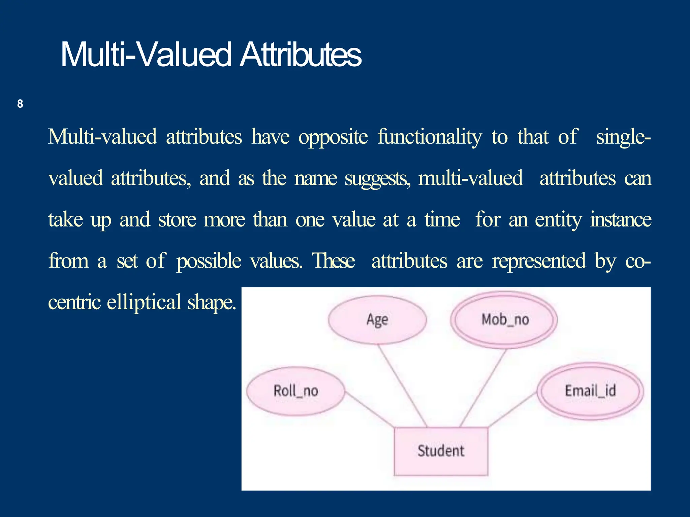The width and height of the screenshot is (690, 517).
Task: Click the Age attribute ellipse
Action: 377,319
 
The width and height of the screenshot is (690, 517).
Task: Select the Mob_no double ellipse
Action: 504,319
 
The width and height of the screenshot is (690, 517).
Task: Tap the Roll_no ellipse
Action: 295,391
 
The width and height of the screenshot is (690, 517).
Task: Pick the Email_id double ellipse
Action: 590,391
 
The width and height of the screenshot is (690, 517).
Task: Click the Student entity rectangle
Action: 441,451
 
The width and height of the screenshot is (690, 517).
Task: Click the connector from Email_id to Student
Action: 512,410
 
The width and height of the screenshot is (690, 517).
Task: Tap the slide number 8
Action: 20,104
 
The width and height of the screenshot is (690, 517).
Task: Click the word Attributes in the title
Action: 300,55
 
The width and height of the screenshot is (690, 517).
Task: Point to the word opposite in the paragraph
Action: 333,137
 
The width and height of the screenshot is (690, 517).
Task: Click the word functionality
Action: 429,137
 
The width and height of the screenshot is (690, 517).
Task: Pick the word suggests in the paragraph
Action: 377,179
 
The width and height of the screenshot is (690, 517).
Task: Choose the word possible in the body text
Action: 209,261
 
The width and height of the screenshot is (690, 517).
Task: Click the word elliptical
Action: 144,302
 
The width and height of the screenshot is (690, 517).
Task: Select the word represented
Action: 539,261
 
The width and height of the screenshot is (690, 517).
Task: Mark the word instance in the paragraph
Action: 621,220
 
